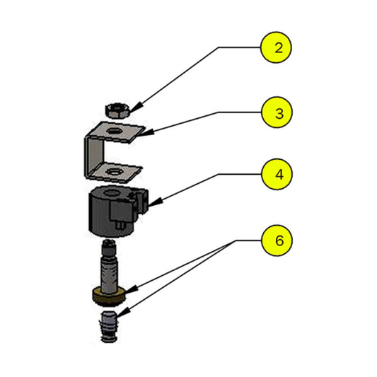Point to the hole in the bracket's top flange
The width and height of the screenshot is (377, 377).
click(112, 129)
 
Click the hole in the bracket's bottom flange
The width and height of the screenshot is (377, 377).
click(111, 170)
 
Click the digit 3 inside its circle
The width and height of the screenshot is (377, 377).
click(277, 112)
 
